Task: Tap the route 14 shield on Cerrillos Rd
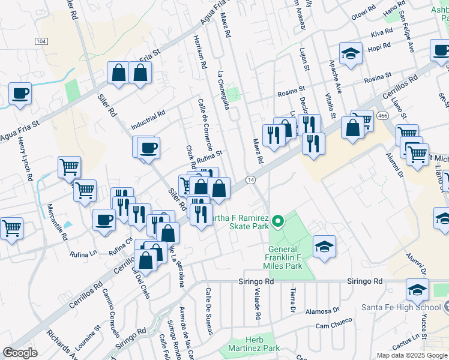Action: pos(250,179)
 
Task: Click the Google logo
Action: pos(20,353)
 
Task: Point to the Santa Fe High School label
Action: pos(402,307)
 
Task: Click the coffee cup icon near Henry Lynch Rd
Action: pos(20,94)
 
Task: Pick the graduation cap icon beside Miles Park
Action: pos(324,246)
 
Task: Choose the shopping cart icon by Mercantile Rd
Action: pos(70,167)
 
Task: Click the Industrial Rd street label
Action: pos(148,121)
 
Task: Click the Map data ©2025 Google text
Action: pos(411,355)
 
